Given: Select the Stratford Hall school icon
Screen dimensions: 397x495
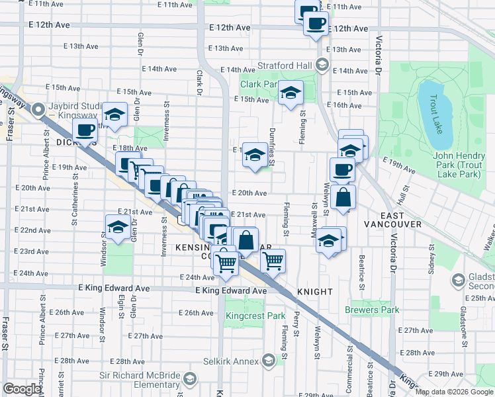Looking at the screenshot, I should click(322, 65).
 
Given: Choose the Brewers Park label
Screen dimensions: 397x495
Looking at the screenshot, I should click(371, 310).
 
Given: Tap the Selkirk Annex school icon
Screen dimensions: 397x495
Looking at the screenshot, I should click(268, 360).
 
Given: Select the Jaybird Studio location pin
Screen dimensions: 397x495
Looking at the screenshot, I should click(38, 109).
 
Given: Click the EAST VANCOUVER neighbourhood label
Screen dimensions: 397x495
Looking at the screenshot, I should click(392, 224).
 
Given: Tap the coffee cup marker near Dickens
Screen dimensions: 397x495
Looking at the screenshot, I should click(85, 130).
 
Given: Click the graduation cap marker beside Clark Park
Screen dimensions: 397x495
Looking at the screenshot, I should click(290, 93).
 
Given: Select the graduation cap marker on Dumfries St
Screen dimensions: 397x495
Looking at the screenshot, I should click(254, 155).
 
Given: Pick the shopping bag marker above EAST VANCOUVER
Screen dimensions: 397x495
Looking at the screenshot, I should click(343, 197).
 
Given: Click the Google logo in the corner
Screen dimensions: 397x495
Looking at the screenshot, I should click(22, 388).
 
